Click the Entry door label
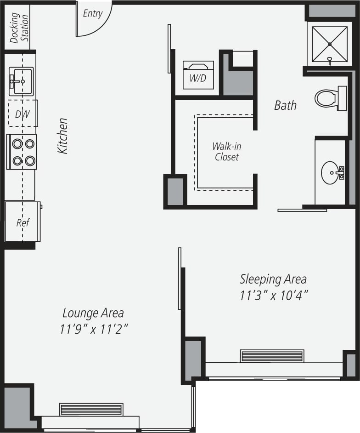pos(93,14)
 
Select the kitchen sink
pos(21,81)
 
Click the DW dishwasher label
pos(22,114)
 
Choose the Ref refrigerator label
pos(22,223)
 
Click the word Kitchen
pos(62,136)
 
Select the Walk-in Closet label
pos(226,152)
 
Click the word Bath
pos(285,105)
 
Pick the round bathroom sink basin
pos(330,173)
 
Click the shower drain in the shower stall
pos(330,44)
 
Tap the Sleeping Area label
pos(273,279)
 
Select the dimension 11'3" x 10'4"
pos(273,295)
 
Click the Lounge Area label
pos(93,313)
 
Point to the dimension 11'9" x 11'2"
pos(93,329)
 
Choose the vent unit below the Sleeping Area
pos(272,356)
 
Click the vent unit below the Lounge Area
pos(91,409)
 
